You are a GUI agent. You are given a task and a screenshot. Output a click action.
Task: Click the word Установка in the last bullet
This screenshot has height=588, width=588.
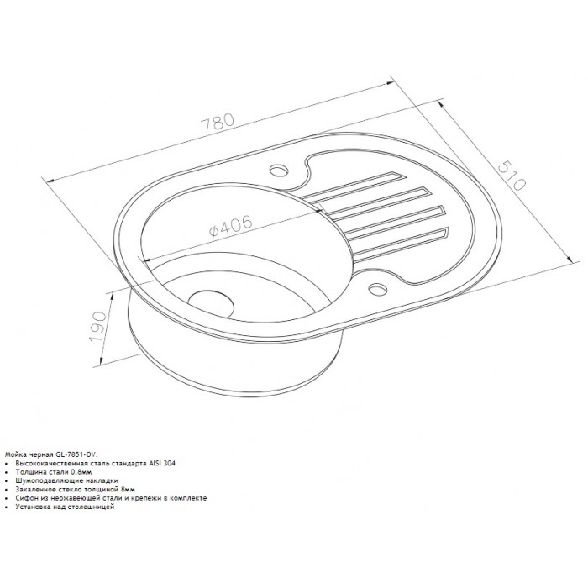(31, 507)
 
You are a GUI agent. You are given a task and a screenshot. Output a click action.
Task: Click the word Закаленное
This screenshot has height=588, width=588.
(33, 489)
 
